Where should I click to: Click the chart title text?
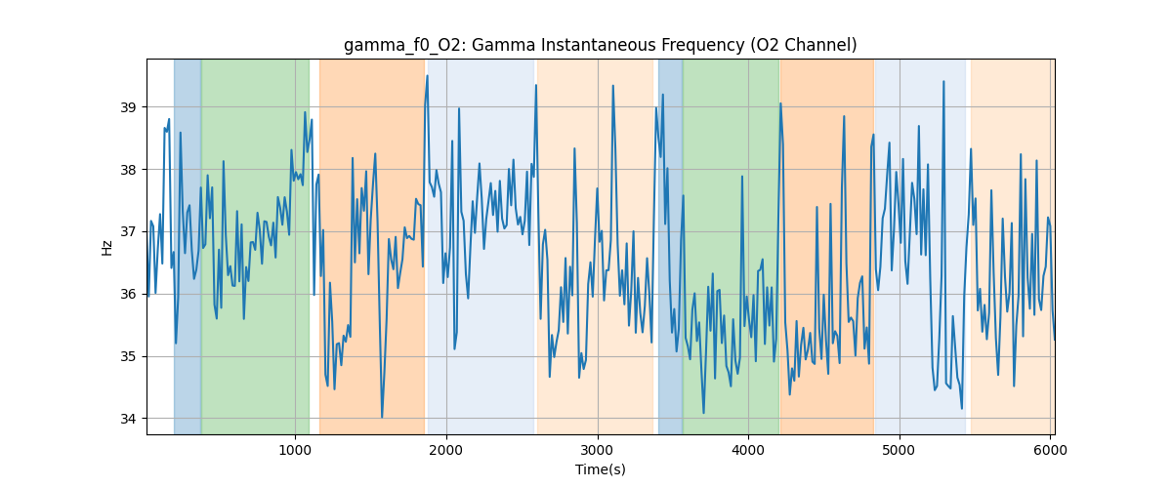[600, 45]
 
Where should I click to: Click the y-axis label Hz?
[106, 247]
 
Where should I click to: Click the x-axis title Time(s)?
[600, 469]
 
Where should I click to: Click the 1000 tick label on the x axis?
[295, 449]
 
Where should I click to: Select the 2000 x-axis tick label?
[446, 449]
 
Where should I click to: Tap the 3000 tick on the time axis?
[598, 449]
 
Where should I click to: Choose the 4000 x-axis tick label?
[748, 449]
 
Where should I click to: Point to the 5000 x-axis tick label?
[900, 449]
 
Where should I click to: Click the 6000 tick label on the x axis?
[1050, 449]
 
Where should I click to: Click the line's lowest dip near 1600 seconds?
[382, 417]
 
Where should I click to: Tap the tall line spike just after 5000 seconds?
[943, 82]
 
